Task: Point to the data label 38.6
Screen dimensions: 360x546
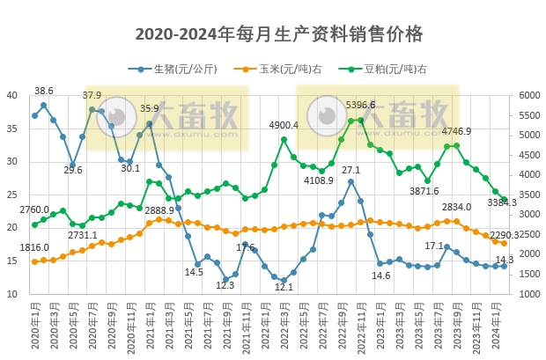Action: (x=44, y=91)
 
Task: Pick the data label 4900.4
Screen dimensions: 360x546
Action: (x=284, y=125)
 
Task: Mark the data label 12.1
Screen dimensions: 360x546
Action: (x=284, y=287)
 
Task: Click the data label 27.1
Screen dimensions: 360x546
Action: (x=351, y=170)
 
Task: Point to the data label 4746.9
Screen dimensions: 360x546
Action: (x=455, y=131)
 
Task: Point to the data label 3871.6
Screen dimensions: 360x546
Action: (x=424, y=191)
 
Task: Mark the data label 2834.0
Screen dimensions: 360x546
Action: (x=456, y=207)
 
